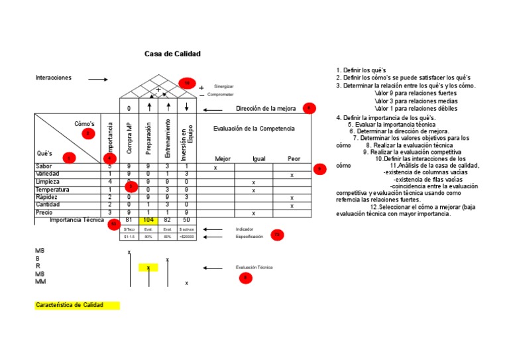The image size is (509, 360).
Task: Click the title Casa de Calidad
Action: (172, 54)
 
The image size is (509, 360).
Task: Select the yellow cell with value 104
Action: (148, 219)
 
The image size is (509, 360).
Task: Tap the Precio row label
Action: (44, 213)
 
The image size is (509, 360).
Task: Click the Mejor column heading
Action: (223, 159)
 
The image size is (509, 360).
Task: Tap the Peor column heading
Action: (294, 159)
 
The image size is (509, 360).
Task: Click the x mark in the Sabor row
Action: (215, 168)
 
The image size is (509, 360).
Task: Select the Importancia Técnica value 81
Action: (129, 219)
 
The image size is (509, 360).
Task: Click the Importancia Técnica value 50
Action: (186, 219)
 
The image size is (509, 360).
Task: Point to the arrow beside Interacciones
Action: (97, 80)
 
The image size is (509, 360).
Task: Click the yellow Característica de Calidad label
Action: (77, 306)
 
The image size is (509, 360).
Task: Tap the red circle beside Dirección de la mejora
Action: (309, 108)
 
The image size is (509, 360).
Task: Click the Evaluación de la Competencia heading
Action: (254, 129)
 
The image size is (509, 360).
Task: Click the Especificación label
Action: (249, 236)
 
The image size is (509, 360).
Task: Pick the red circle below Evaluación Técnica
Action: (246, 278)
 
